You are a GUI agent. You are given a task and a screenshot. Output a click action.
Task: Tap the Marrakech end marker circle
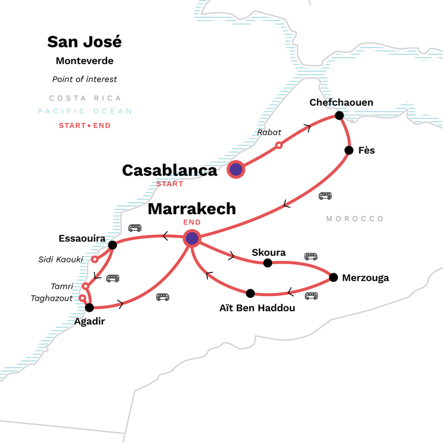pyautogui.click(x=192, y=239)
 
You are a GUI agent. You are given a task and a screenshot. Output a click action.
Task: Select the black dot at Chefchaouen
pyautogui.click(x=339, y=115)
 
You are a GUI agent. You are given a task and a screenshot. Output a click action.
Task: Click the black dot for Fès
pyautogui.click(x=349, y=150)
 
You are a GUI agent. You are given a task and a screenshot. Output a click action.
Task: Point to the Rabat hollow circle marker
pyautogui.click(x=279, y=145)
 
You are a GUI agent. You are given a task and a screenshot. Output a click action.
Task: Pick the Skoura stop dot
pyautogui.click(x=267, y=263)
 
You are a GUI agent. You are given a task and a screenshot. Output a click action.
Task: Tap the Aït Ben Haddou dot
pyautogui.click(x=250, y=293)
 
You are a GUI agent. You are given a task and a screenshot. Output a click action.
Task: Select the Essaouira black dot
pyautogui.click(x=112, y=245)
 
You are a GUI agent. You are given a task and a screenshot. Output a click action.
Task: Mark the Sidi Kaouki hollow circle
pyautogui.click(x=95, y=259)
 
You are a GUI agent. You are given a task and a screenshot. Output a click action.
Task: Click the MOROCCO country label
pyautogui.click(x=355, y=219)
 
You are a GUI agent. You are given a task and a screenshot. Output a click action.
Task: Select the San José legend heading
pyautogui.click(x=84, y=42)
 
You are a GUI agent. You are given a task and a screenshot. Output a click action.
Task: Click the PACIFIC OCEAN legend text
pyautogui.click(x=85, y=111)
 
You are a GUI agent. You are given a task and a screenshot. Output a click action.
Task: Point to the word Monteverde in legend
pyautogui.click(x=85, y=61)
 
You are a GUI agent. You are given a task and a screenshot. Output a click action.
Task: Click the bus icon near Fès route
pyautogui.click(x=325, y=196)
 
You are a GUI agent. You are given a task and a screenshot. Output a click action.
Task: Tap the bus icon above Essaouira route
pyautogui.click(x=135, y=228)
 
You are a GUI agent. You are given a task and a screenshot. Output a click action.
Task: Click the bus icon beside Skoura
pyautogui.click(x=311, y=256)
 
